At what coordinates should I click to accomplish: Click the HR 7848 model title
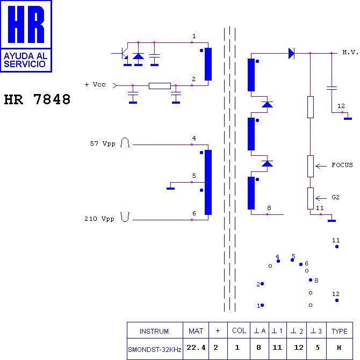tap(37, 99)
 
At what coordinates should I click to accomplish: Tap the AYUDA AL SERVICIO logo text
tap(25, 60)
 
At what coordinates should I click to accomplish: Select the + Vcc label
tap(95, 84)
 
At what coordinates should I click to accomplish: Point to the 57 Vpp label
tap(103, 143)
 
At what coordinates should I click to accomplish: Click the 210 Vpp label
tap(99, 219)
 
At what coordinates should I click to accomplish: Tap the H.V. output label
tap(350, 52)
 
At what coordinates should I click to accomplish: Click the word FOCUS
tap(342, 165)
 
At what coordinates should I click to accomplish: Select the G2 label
tap(335, 197)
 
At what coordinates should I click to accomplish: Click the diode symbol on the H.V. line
tap(292, 53)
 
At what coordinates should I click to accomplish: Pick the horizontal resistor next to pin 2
tap(160, 86)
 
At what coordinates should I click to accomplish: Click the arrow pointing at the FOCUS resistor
tap(321, 166)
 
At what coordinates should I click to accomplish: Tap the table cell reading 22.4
tap(196, 348)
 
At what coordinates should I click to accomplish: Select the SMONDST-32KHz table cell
tap(155, 349)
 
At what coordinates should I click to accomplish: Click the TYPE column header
tap(340, 331)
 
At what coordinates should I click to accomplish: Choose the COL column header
tap(239, 330)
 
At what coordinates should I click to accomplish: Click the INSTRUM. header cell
tap(155, 331)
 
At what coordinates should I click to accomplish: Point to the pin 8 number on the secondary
tap(269, 208)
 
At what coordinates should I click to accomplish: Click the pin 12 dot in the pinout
tap(337, 300)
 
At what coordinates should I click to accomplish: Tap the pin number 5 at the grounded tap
tap(194, 176)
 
